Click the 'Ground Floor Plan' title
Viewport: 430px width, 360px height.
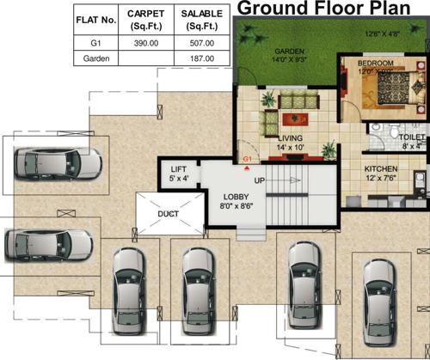coord(332,9)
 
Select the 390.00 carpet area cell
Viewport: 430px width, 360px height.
coord(145,40)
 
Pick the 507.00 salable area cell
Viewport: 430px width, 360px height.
coord(200,40)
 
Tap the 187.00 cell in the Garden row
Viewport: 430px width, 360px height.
coord(200,58)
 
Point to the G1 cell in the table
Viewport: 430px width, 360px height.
coord(95,40)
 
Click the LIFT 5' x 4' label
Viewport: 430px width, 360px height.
coord(179,174)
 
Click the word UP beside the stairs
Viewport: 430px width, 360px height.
coord(259,181)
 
